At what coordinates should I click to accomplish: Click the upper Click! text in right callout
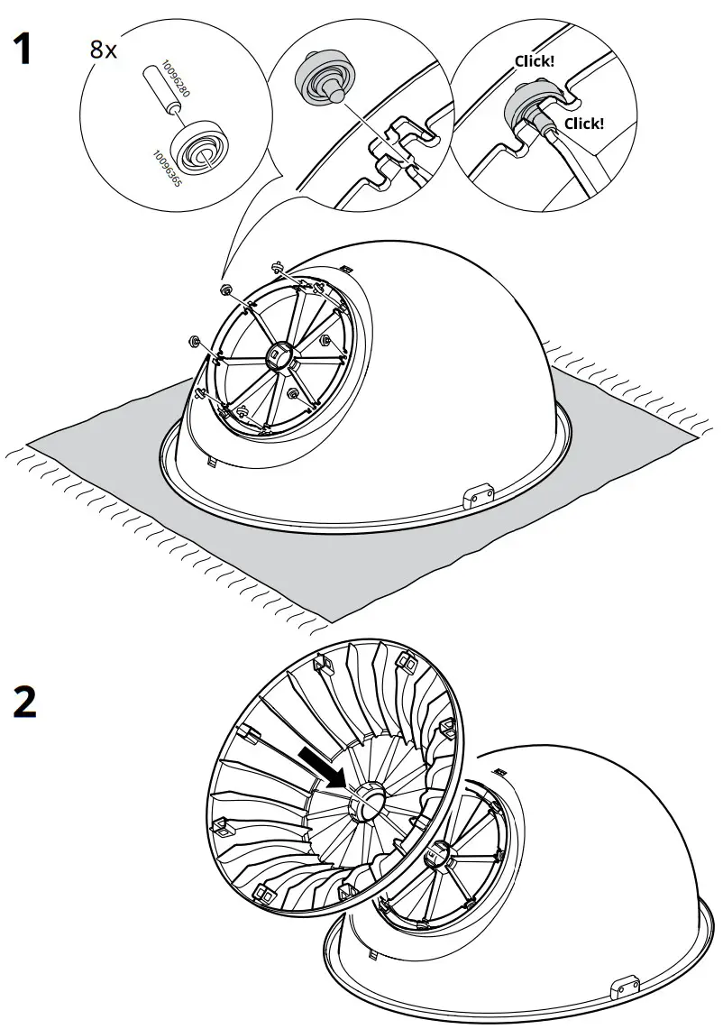pos(534,61)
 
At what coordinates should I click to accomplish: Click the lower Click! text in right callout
pos(584,124)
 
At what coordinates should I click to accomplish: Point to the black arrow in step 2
pos(323,765)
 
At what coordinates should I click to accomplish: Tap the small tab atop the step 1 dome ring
pos(345,268)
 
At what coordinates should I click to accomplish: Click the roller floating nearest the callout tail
pos(225,289)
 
